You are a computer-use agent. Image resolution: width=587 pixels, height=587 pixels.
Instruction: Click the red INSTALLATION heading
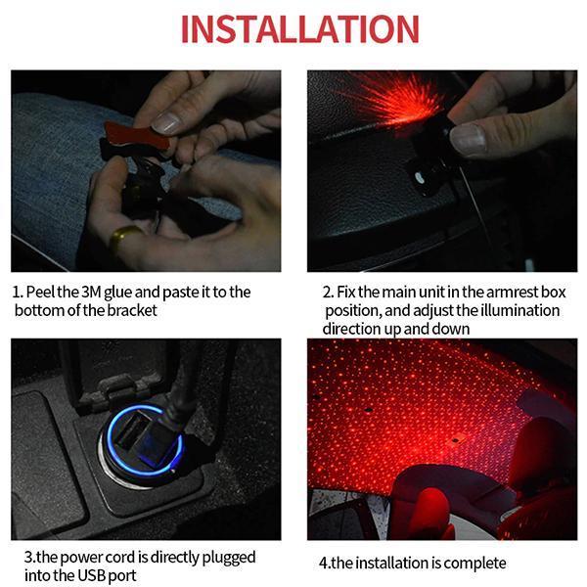click(299, 28)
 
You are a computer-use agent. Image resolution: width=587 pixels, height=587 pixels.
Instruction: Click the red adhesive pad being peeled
click(136, 136)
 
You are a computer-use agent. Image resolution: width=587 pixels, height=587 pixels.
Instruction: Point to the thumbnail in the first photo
click(167, 123)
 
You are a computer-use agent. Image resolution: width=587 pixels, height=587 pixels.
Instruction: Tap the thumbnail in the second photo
click(468, 140)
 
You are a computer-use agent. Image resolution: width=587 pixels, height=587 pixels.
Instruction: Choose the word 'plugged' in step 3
click(229, 559)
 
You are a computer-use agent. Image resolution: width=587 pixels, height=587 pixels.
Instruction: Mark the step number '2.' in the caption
click(329, 293)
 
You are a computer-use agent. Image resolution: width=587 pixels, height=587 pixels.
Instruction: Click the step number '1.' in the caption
click(18, 293)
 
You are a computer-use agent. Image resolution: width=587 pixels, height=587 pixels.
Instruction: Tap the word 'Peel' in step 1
click(40, 293)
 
